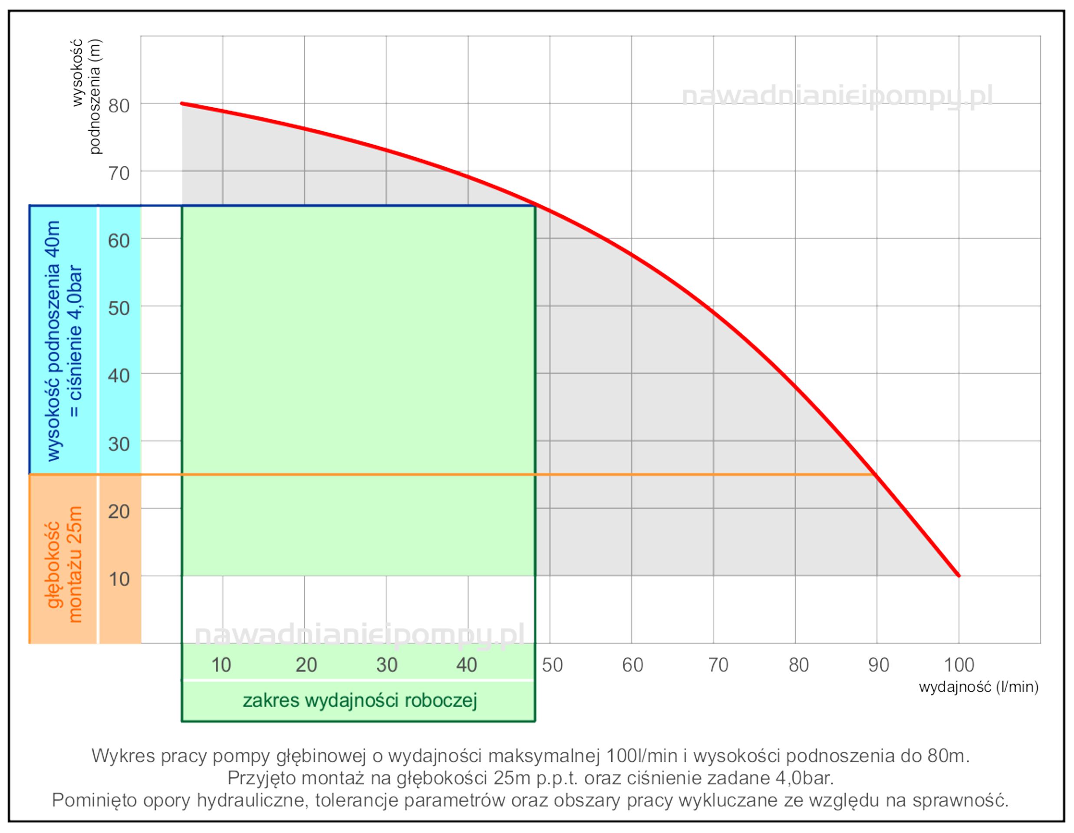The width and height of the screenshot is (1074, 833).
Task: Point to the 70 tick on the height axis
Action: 119,173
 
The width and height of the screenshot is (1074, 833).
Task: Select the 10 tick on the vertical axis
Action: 119,579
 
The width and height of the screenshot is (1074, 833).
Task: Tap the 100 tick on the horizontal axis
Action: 959,665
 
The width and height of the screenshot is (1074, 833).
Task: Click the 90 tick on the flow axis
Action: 878,665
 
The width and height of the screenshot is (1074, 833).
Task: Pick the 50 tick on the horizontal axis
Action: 552,665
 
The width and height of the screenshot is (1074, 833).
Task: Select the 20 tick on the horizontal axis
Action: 306,665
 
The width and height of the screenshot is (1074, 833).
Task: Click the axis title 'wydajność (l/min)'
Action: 978,687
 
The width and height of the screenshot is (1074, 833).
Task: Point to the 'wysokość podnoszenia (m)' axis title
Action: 86,96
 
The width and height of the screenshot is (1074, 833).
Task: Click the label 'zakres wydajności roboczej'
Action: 359,700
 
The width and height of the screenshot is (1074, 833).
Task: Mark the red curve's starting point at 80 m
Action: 182,103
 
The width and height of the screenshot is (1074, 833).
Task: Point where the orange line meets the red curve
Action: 875,474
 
